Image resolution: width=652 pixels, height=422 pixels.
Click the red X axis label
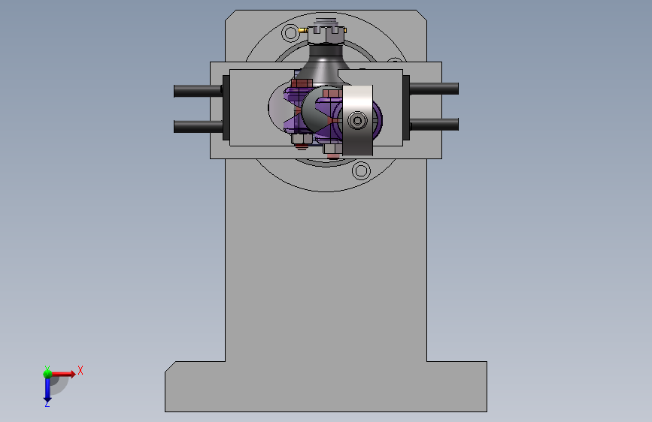click(80, 370)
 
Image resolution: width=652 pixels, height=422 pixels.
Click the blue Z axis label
click(47, 403)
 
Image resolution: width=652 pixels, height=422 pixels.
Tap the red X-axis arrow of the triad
click(63, 374)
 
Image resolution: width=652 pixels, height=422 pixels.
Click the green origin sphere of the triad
click(47, 374)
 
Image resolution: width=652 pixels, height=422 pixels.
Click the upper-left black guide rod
click(198, 91)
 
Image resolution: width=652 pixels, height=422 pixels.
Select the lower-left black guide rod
click(198, 126)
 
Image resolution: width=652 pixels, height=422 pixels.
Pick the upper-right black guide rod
click(434, 89)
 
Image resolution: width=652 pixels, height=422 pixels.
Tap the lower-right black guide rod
click(434, 124)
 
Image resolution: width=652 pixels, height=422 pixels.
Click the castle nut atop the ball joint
click(326, 35)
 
